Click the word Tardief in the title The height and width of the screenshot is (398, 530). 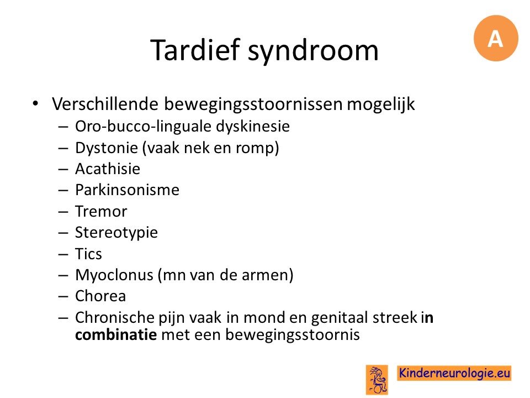click(x=195, y=50)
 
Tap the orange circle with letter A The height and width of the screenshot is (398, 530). click(x=496, y=38)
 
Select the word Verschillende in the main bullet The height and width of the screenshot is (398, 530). click(x=105, y=103)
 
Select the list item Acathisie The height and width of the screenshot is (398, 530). click(x=108, y=169)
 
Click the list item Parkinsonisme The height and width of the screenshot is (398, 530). click(x=127, y=190)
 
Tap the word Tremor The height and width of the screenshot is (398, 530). click(x=101, y=211)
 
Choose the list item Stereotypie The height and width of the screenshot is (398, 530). click(x=116, y=233)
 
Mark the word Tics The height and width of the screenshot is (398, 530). click(x=88, y=254)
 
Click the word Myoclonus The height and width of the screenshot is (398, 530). click(x=114, y=275)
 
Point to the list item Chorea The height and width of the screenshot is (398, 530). click(x=100, y=296)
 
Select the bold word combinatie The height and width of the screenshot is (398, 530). click(x=116, y=335)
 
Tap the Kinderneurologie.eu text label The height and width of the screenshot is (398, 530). click(x=454, y=373)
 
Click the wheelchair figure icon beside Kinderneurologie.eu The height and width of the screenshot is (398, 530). click(x=377, y=380)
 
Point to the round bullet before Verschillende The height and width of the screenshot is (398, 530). click(x=35, y=103)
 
